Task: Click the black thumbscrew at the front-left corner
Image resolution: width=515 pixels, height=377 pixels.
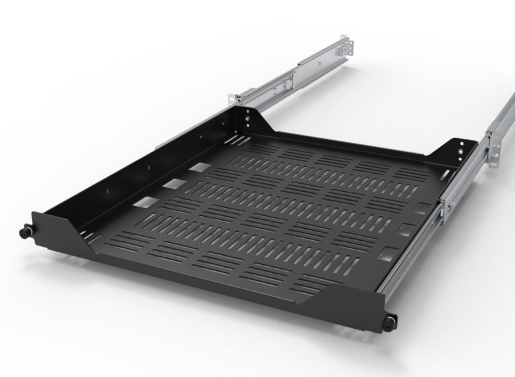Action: point(25,231)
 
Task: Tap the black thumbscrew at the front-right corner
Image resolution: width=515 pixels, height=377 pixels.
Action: point(390,322)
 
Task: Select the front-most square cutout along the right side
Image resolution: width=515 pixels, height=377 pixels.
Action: point(385,254)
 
